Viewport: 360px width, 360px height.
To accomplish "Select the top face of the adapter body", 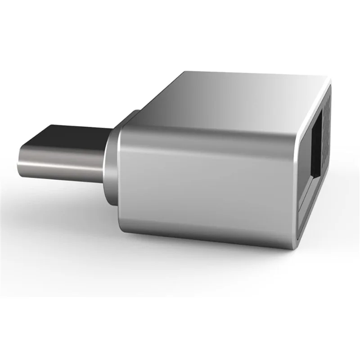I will click(x=234, y=97).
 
